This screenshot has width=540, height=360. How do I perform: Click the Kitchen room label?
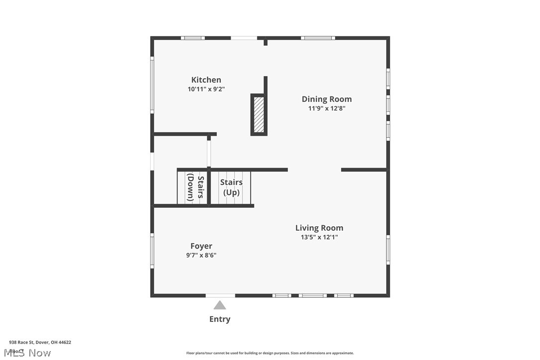click(x=206, y=80)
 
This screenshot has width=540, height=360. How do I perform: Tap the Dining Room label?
click(x=327, y=99)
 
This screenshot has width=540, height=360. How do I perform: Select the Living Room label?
click(x=319, y=228)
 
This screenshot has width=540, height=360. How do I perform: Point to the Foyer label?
click(x=201, y=246)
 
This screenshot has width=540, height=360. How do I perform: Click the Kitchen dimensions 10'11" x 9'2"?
click(x=206, y=89)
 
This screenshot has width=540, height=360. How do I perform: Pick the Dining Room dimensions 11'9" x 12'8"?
click(x=327, y=108)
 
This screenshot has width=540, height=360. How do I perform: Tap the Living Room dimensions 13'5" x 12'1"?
click(x=319, y=237)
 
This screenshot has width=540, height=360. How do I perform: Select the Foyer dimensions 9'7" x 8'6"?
click(x=201, y=255)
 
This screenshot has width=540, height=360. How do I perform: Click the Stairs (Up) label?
click(x=231, y=187)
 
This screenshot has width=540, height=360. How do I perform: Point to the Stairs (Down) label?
click(x=195, y=187)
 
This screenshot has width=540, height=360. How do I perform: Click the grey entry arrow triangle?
click(x=220, y=305)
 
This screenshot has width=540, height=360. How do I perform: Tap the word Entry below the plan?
click(x=220, y=319)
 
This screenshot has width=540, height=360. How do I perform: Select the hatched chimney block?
click(x=259, y=114)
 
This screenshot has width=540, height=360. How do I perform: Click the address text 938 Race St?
click(x=40, y=342)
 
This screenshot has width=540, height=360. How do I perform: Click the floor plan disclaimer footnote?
click(x=270, y=353)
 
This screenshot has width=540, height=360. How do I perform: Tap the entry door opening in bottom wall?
click(x=220, y=295)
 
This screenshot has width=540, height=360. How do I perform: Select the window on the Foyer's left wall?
click(x=152, y=251)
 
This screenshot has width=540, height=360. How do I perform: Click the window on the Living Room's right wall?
click(x=388, y=250)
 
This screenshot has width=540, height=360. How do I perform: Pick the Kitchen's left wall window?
click(x=152, y=85)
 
